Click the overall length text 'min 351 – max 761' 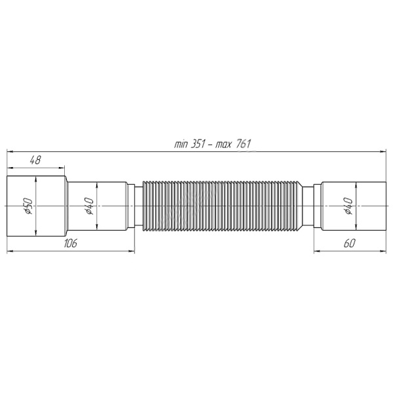213,145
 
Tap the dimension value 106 70,244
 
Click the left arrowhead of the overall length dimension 10,152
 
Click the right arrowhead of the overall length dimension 383,152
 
